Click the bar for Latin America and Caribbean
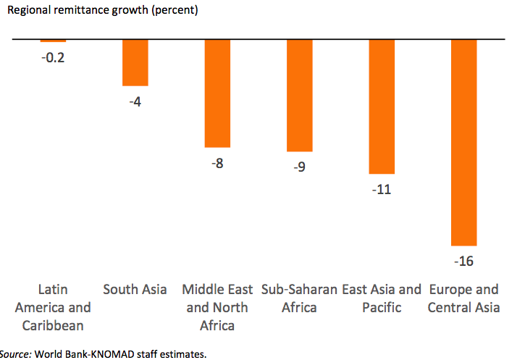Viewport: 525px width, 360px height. click(x=53, y=41)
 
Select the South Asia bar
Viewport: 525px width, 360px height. click(x=135, y=62)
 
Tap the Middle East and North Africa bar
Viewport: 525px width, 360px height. click(x=217, y=93)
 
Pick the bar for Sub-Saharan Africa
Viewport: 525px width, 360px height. click(x=300, y=95)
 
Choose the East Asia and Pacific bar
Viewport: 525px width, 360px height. click(x=382, y=106)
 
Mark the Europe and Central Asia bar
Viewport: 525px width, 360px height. click(x=464, y=142)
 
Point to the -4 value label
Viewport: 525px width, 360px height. click(x=135, y=101)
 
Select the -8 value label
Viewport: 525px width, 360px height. click(x=217, y=163)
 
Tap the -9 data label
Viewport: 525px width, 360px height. click(x=300, y=167)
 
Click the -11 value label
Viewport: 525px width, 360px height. click(x=382, y=190)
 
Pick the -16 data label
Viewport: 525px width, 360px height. click(x=464, y=261)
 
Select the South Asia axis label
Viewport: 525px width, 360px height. click(x=135, y=290)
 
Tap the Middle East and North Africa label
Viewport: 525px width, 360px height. click(x=217, y=307)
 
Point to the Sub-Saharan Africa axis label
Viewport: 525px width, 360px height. click(x=300, y=298)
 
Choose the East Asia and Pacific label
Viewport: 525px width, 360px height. click(x=382, y=298)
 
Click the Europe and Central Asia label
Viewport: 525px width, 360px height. click(x=464, y=298)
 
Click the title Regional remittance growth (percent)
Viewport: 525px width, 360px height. click(x=102, y=11)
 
